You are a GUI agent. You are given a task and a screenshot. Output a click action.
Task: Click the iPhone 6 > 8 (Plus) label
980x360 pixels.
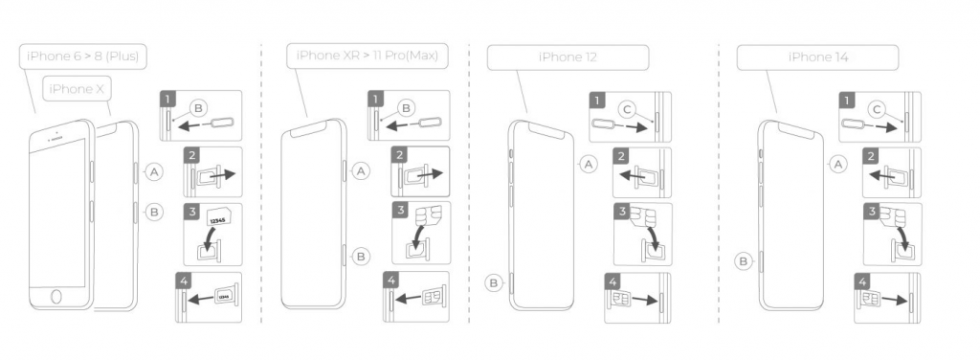(83, 56)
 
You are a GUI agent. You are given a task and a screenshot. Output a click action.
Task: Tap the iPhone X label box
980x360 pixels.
(77, 89)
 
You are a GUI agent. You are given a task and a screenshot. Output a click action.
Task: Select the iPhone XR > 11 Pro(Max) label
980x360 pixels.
(367, 56)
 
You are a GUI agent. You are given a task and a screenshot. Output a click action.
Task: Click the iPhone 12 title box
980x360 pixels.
(568, 56)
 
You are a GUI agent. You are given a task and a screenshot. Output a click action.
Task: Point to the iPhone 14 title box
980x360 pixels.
(817, 56)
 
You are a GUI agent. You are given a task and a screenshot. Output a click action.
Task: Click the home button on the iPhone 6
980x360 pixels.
(56, 296)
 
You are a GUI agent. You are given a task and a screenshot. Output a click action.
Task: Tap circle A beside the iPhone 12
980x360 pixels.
(588, 164)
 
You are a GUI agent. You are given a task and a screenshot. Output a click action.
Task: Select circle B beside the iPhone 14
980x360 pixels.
(744, 261)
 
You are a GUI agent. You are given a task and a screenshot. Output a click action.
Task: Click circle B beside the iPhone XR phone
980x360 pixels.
(361, 255)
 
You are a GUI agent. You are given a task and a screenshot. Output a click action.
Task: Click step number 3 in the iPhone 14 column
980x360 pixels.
(872, 212)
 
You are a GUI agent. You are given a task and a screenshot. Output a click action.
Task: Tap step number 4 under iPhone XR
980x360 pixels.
(391, 280)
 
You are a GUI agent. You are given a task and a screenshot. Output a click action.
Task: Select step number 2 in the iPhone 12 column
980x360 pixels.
(621, 156)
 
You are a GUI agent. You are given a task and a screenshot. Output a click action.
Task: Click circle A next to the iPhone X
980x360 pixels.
(154, 171)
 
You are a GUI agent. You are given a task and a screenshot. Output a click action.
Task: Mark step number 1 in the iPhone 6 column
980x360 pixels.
(167, 99)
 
